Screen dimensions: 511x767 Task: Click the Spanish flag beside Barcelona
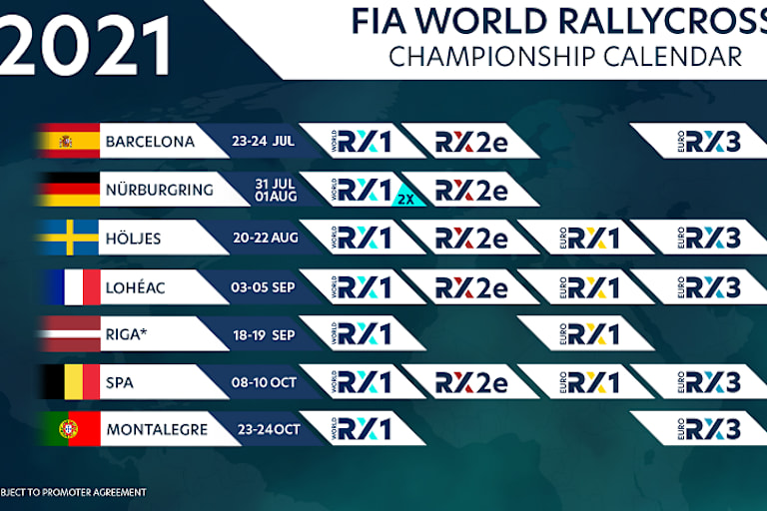pos(69,142)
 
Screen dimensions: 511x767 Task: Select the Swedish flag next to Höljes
pos(69,238)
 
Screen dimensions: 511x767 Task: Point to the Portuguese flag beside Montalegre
pos(69,429)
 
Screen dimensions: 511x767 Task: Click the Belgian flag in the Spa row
pos(69,381)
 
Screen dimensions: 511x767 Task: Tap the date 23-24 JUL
pos(260,142)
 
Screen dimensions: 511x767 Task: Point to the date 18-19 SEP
pos(260,334)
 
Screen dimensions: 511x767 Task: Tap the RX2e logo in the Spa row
pos(471,382)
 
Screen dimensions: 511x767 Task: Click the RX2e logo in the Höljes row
pos(471,239)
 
